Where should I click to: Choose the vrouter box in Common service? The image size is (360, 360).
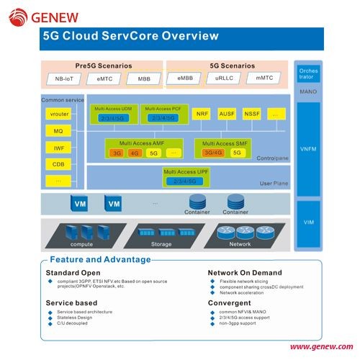pos(58,114)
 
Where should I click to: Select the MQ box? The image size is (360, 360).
pos(58,131)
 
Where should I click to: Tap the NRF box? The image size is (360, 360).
pos(202,114)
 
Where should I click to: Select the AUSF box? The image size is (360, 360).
pos(227,114)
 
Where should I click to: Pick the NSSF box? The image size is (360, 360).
pos(252,114)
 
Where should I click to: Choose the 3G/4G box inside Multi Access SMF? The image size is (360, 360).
pos(213,153)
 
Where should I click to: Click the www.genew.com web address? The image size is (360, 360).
pos(321,347)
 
